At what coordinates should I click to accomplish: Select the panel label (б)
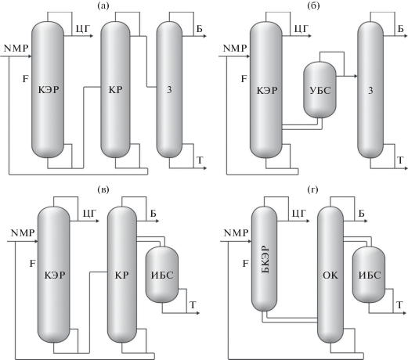[313, 5]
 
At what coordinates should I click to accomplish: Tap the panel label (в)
[103, 189]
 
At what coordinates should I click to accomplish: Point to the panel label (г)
[312, 189]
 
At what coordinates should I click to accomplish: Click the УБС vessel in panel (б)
[320, 90]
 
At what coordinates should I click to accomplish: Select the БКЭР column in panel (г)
[264, 258]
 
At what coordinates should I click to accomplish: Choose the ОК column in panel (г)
[330, 275]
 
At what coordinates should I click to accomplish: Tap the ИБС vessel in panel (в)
[162, 275]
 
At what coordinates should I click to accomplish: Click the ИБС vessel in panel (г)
[369, 275]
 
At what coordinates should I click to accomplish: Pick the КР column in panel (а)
[115, 89]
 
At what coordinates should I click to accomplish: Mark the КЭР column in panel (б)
[266, 89]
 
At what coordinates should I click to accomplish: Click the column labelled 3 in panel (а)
[169, 89]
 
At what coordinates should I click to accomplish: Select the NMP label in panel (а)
[16, 49]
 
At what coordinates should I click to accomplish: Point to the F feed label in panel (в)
[32, 264]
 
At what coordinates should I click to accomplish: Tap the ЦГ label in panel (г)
[299, 214]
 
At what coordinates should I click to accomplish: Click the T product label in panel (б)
[400, 160]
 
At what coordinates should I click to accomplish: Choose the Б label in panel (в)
[153, 214]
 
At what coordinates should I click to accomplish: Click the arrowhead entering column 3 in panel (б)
[356, 76]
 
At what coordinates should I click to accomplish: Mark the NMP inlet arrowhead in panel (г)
[249, 242]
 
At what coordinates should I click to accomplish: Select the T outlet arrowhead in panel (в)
[197, 313]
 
